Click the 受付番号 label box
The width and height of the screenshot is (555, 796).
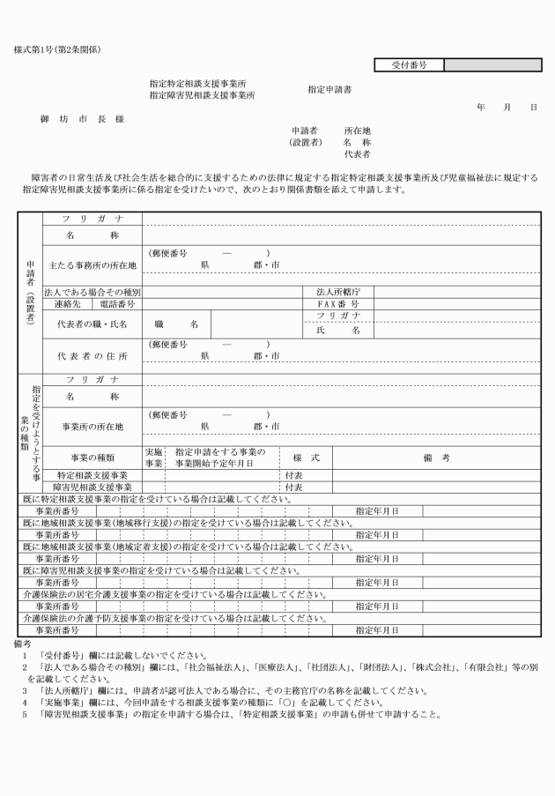point(409,64)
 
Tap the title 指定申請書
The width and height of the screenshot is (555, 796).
point(329,90)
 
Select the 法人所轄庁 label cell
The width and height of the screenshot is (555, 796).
point(338,291)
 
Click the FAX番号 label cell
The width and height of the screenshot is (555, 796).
point(338,303)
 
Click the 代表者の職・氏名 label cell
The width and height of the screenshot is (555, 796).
point(92,324)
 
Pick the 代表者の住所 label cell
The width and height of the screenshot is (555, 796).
point(92,356)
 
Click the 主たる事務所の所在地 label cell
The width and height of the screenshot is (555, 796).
point(92,264)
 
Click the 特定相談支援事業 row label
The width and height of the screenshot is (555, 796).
point(92,474)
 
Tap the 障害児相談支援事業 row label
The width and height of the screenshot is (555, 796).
point(92,486)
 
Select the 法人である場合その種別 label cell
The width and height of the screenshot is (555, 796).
point(92,291)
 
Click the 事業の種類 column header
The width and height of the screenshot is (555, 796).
point(92,457)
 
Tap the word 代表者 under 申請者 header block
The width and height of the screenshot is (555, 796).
point(357,153)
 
